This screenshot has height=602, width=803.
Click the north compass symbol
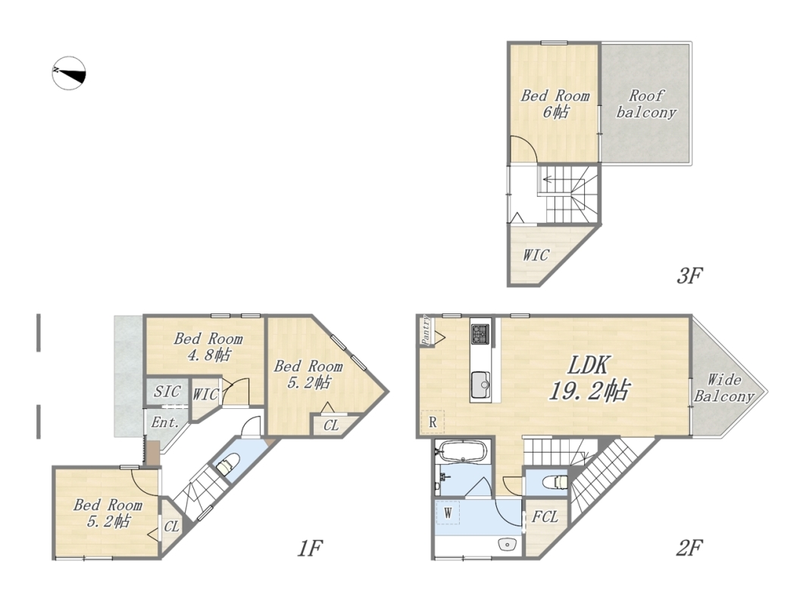click(x=69, y=73)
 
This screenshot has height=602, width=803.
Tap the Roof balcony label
click(x=646, y=104)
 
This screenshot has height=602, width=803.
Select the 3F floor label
click(x=689, y=276)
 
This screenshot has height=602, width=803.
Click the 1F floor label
click(x=309, y=549)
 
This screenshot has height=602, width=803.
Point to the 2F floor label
click(x=689, y=548)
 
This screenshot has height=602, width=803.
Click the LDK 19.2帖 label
click(x=589, y=379)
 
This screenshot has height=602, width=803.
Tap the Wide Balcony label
click(x=724, y=388)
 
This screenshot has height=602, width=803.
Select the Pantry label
click(x=426, y=329)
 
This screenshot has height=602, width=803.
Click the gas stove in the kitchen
click(x=480, y=334)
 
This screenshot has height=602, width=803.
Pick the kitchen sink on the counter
click(x=481, y=385)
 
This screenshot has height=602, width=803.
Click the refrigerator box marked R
click(x=433, y=423)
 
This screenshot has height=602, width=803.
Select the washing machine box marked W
click(x=448, y=513)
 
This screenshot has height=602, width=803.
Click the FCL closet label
click(x=545, y=516)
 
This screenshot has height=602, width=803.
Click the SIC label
click(x=167, y=391)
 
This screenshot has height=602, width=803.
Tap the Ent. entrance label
click(x=165, y=423)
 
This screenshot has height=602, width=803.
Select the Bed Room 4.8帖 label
click(x=208, y=347)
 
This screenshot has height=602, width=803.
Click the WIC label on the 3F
click(x=536, y=255)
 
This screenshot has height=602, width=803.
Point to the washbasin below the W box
click(x=506, y=544)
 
